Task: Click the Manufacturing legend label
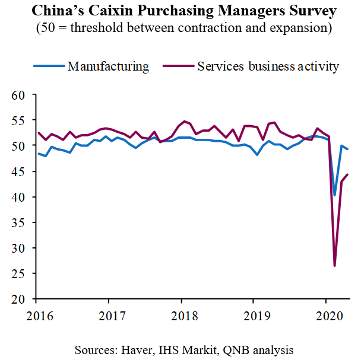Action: [x=108, y=66]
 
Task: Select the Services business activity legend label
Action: [x=268, y=66]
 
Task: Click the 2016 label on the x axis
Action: [x=36, y=313]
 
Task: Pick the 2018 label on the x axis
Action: [x=181, y=313]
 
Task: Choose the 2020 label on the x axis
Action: [x=327, y=313]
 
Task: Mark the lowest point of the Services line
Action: [x=335, y=266]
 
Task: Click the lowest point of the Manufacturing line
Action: [x=335, y=195]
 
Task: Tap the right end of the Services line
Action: [x=347, y=174]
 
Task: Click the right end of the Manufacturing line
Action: [x=347, y=149]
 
